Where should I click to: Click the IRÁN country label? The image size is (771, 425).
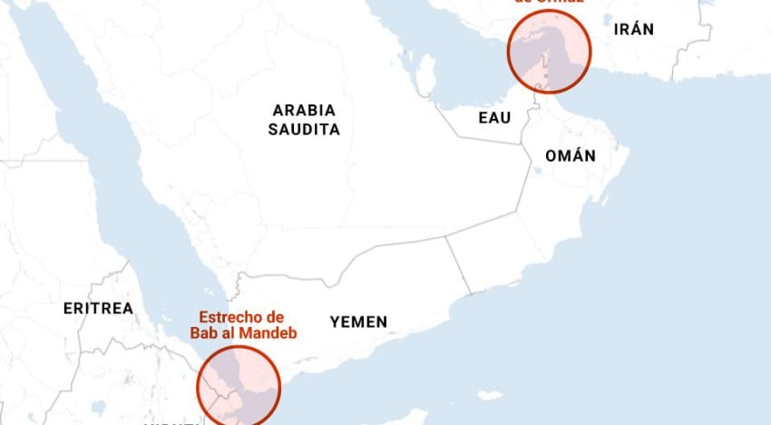(633, 29)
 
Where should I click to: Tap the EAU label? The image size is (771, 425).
(494, 118)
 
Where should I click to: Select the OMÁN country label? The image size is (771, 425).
(571, 156)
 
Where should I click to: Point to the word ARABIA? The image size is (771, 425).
(304, 110)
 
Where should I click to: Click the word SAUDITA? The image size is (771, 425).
(304, 130)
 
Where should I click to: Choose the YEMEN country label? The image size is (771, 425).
(358, 321)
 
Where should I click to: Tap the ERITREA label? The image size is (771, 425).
(98, 309)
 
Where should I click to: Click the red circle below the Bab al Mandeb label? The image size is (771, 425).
(239, 386)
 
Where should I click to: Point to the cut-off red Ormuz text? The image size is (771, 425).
(548, 2)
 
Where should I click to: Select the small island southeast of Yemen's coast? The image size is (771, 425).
(490, 395)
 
